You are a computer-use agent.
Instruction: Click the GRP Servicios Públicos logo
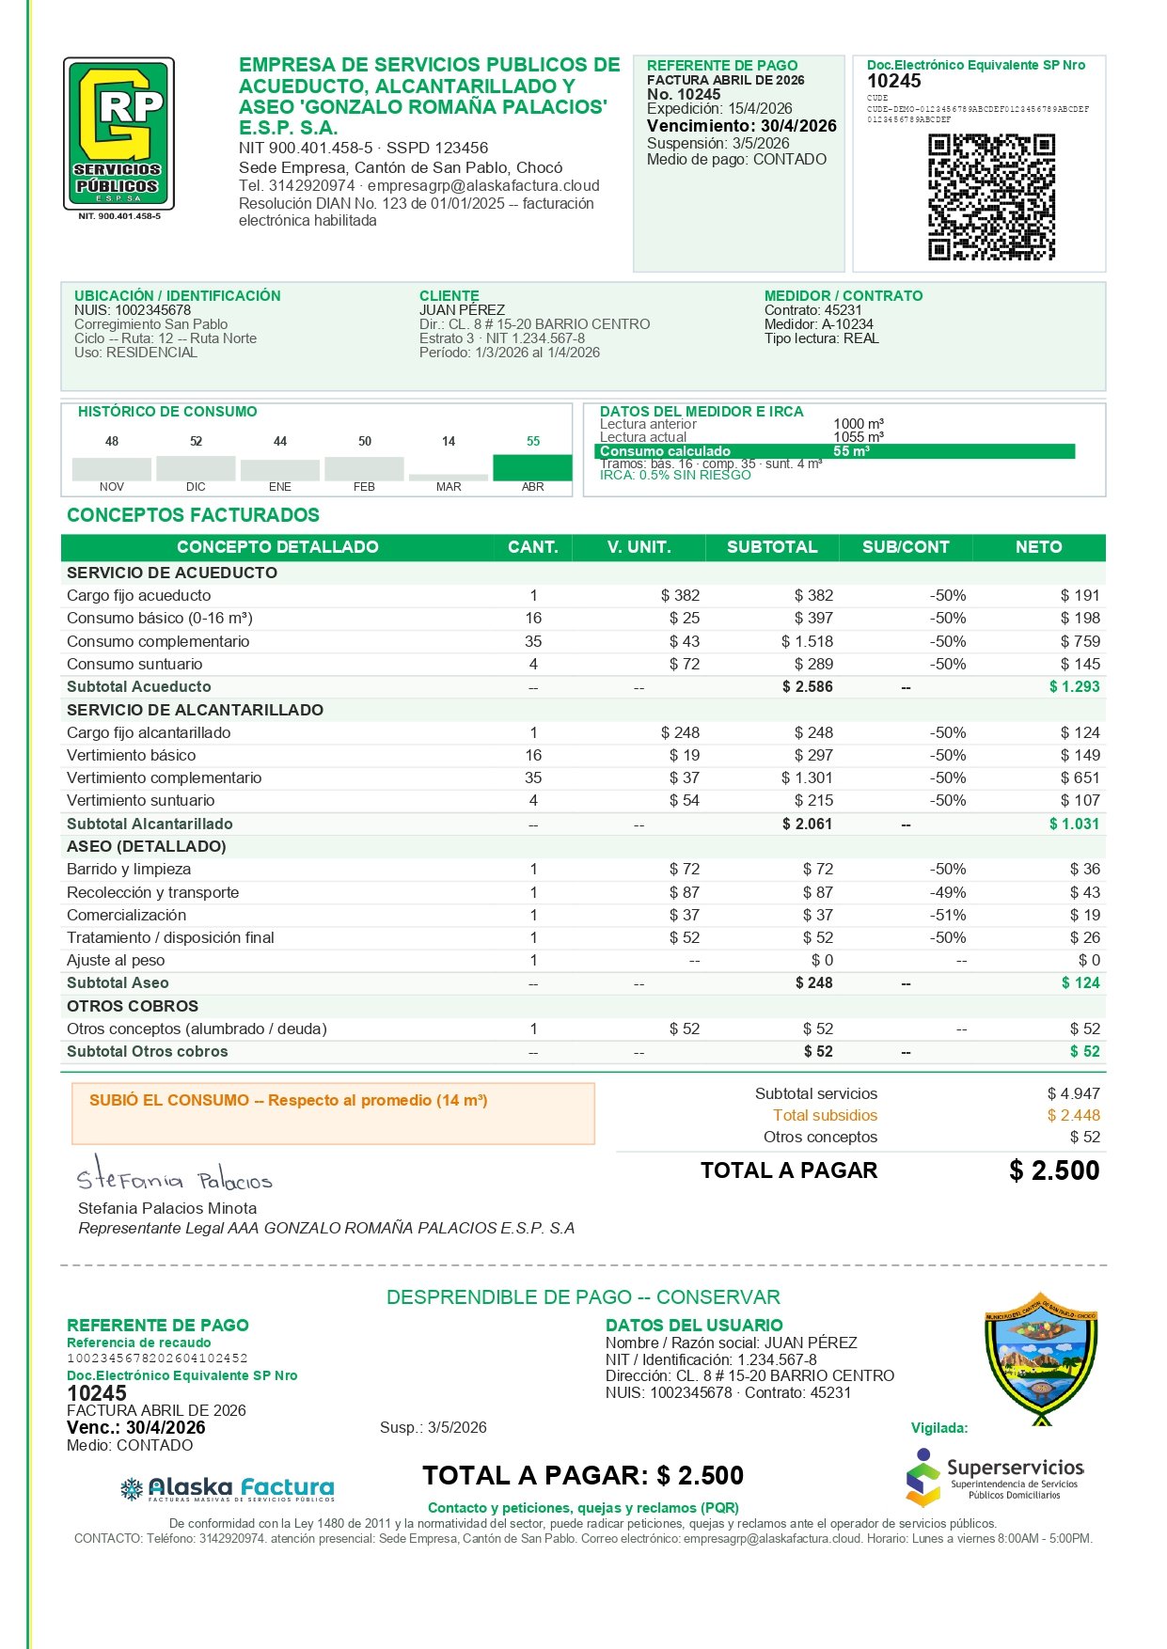point(118,133)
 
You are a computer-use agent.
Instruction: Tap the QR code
point(991,196)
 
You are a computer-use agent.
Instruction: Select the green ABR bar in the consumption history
point(532,467)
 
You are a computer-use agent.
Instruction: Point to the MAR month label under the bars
point(449,487)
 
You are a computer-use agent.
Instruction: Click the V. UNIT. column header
point(639,547)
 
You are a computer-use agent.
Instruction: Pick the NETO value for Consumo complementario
point(1080,641)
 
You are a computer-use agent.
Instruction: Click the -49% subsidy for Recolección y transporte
point(948,892)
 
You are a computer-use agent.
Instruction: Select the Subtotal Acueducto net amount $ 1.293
point(1074,686)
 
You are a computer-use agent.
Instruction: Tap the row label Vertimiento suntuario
point(141,800)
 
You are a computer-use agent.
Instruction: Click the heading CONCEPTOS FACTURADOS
point(193,515)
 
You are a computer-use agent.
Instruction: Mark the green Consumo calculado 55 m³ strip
point(834,451)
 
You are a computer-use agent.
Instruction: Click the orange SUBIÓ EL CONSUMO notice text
point(288,1100)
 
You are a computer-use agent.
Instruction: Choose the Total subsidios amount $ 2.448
point(1073,1115)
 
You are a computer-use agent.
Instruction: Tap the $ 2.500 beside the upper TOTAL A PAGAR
point(1053,1170)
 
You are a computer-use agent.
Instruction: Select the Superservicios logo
point(995,1477)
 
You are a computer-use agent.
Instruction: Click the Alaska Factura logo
point(228,1488)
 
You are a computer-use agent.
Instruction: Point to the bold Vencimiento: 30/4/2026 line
point(741,126)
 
